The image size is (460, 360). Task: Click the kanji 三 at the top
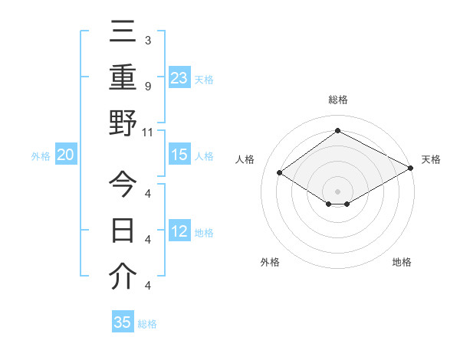click(123, 33)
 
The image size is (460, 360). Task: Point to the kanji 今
click(123, 185)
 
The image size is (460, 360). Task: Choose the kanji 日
click(123, 231)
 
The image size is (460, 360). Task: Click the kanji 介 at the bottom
click(123, 277)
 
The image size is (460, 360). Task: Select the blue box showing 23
click(179, 78)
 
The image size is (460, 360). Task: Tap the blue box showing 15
click(179, 155)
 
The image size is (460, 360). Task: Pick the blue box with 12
click(179, 232)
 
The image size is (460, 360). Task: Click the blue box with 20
click(65, 155)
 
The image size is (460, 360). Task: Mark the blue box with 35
click(123, 322)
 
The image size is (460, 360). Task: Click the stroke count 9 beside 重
click(147, 86)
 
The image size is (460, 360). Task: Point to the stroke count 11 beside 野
click(148, 132)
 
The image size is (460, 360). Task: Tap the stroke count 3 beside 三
click(147, 40)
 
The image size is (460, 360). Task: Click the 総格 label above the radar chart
click(337, 100)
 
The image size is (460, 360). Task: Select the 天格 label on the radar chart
click(431, 159)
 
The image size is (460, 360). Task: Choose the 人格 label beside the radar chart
click(245, 159)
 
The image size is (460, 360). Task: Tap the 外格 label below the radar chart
click(270, 263)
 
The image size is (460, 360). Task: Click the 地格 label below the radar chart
click(402, 263)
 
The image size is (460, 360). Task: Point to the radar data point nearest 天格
click(411, 169)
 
